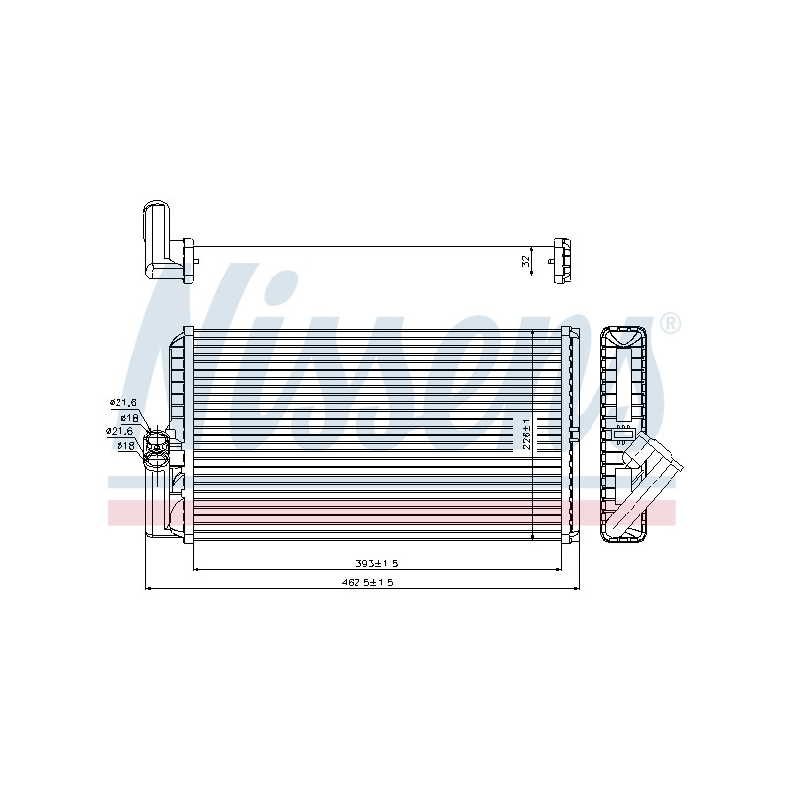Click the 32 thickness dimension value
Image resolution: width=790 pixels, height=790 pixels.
point(526,261)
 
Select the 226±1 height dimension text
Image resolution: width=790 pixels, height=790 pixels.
point(526,434)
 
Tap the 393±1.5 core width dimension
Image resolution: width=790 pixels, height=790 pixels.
point(377,563)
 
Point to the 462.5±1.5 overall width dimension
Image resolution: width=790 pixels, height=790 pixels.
point(366,582)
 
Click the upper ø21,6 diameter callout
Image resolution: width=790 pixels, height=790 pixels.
point(123,403)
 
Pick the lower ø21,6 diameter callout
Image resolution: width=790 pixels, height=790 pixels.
point(119,431)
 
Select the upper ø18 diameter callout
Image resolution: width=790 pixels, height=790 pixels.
point(129,418)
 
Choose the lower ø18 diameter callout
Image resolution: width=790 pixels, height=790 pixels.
point(125,446)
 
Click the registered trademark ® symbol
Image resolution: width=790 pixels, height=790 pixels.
point(671,323)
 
